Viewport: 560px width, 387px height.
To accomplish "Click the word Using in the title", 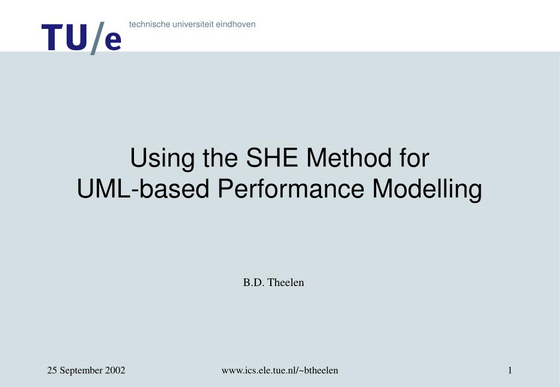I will pos(154,159).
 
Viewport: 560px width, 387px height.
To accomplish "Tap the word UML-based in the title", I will pos(143,189).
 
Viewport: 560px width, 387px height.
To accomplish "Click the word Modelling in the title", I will pos(427,189).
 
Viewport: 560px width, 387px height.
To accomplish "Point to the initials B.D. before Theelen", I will pos(252,282).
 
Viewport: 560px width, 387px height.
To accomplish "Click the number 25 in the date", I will pos(52,370).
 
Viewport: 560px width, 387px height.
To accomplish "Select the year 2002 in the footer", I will pos(115,370).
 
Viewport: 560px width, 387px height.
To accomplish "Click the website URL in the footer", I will pos(279,370).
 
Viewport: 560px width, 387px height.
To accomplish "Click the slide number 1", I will pos(510,370).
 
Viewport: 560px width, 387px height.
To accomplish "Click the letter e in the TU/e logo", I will pos(112,41).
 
